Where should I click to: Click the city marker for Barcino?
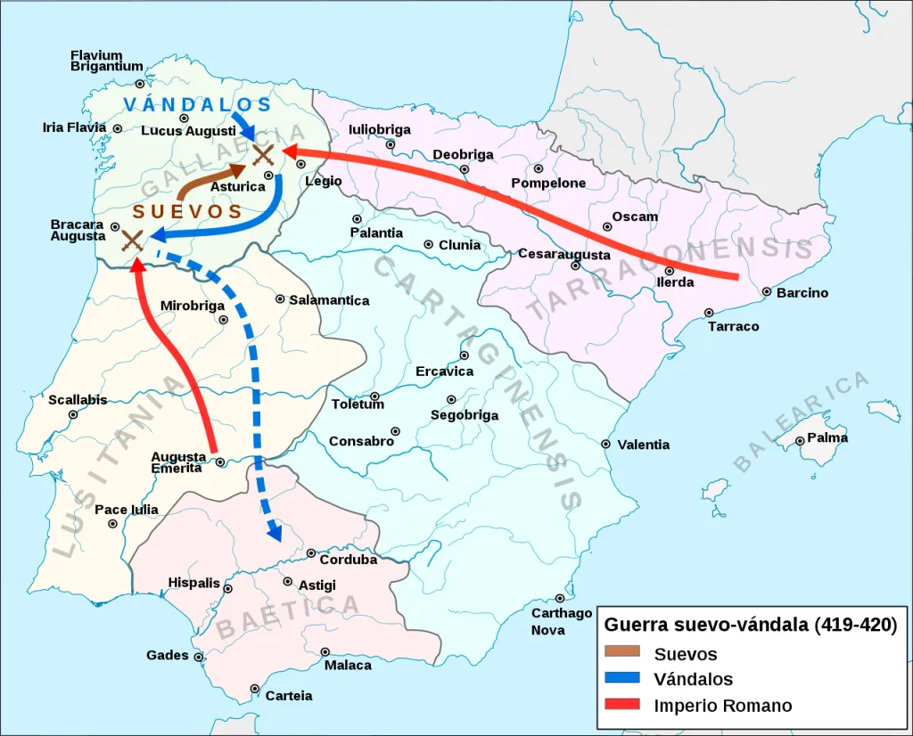(767, 291)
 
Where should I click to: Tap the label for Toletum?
(358, 405)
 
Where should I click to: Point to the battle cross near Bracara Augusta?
(132, 239)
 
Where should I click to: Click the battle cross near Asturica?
(263, 155)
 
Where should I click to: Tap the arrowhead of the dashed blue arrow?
(275, 535)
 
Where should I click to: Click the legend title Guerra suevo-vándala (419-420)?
(750, 625)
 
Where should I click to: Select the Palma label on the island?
(827, 438)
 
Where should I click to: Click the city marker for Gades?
(198, 657)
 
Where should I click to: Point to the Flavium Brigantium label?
(107, 61)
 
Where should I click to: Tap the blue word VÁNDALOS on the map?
(197, 104)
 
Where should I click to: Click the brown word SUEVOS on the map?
(188, 212)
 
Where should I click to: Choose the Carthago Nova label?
(562, 621)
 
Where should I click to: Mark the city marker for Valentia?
(606, 444)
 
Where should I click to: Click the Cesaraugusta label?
(564, 255)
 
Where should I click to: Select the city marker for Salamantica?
(280, 299)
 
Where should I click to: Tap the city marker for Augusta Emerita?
(220, 462)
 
